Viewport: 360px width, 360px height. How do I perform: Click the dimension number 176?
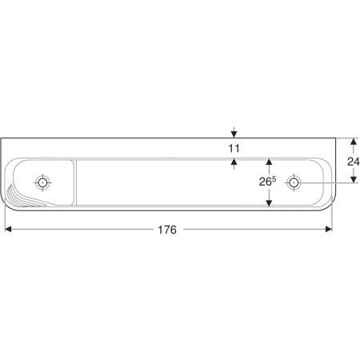[167, 230]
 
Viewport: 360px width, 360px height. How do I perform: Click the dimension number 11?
[234, 148]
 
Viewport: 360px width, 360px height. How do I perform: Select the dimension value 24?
[354, 162]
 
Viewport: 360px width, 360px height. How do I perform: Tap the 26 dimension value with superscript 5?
[267, 182]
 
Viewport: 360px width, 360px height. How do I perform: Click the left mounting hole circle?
[42, 182]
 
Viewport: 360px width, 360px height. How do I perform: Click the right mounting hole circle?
[294, 182]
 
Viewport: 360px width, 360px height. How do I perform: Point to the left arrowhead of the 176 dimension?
[8, 229]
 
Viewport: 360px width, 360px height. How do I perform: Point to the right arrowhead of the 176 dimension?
[329, 229]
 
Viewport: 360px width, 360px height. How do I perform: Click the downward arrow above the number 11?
[234, 132]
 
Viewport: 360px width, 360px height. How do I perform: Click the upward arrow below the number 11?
[234, 164]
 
